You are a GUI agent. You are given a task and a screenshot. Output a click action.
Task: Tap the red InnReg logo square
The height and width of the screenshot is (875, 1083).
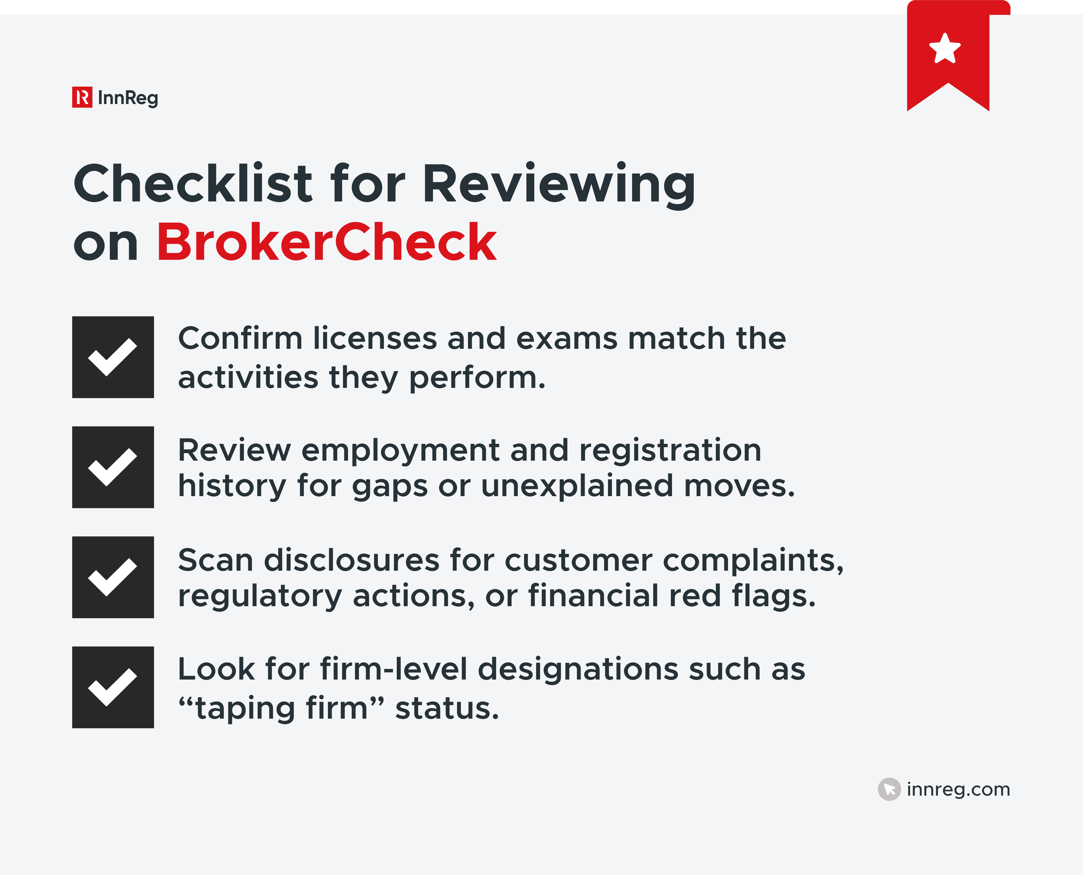[82, 97]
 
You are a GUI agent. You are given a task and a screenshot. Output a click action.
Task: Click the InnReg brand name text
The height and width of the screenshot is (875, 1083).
[128, 98]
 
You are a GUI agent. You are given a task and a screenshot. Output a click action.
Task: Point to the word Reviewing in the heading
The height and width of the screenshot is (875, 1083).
[559, 185]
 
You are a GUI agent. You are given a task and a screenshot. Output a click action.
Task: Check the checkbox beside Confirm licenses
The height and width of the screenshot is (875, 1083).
[113, 357]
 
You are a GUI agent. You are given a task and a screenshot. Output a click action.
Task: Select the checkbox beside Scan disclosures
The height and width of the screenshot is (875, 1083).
[113, 577]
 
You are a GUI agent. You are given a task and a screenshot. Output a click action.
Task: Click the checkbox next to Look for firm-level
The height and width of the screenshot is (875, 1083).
[113, 687]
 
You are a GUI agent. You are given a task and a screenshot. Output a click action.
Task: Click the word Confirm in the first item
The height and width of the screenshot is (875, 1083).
[240, 338]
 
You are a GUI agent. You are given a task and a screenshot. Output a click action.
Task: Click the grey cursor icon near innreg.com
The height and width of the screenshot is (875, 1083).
[889, 789]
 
